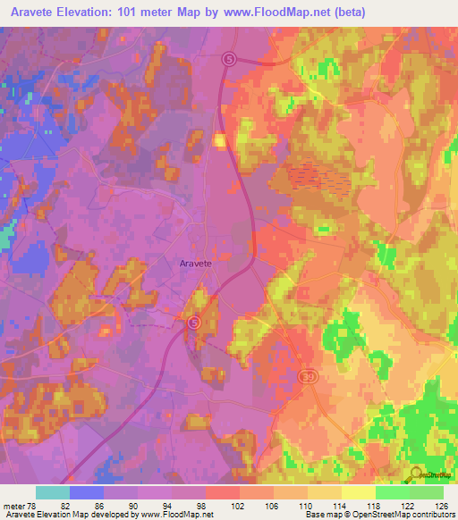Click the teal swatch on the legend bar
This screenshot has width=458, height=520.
pos(53,492)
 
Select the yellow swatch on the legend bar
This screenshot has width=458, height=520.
pos(358,492)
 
